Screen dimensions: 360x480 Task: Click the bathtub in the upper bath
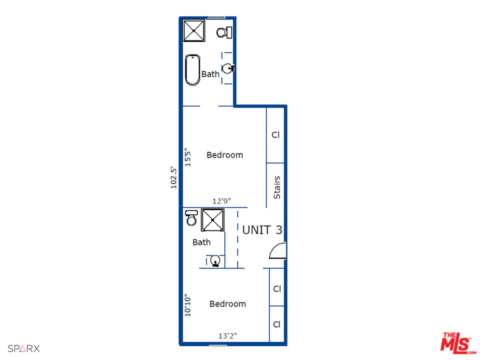192,69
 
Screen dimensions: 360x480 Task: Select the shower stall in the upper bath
193,31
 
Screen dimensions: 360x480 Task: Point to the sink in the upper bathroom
228,68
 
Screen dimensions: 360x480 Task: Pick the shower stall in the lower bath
212,220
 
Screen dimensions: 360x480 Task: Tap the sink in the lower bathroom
215,260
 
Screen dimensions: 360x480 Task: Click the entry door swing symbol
277,250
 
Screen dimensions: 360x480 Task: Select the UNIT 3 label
262,230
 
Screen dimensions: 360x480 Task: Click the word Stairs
276,187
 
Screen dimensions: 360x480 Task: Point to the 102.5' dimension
174,177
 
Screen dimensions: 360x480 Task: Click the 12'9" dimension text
221,201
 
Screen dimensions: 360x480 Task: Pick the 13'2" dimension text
227,336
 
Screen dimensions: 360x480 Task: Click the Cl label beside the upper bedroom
275,135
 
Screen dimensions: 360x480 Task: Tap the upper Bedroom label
224,155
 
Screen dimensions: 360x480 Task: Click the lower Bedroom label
227,304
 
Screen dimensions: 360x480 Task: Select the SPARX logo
23,348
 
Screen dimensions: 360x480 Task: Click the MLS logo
455,343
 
